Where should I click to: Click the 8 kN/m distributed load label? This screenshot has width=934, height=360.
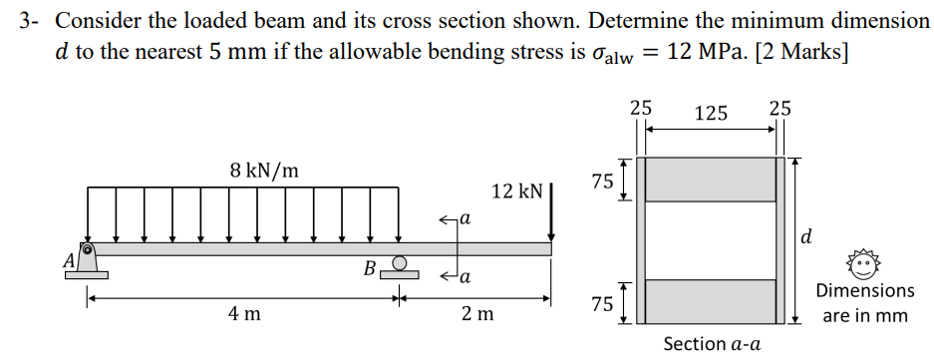[263, 171]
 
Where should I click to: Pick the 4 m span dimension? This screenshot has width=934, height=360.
[243, 315]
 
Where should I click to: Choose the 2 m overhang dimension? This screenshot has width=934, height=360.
[477, 315]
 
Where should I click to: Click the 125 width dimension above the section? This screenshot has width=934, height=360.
[710, 113]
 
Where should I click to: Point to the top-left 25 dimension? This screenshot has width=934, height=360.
[641, 107]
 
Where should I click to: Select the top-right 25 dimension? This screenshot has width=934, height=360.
[779, 107]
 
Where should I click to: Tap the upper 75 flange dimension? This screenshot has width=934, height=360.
[602, 180]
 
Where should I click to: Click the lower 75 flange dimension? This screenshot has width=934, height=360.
[602, 304]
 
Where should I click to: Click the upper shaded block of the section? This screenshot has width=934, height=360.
[711, 180]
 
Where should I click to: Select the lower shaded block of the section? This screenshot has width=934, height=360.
[711, 301]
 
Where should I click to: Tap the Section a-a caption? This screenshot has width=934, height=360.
[712, 344]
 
